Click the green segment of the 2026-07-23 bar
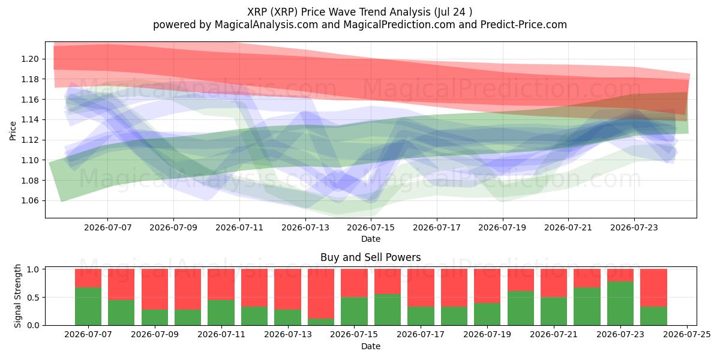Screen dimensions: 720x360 (620, 303)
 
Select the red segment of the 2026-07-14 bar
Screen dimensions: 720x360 (321, 293)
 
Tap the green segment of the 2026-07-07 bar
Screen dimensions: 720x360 (88, 306)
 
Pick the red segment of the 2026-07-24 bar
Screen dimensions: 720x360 (653, 287)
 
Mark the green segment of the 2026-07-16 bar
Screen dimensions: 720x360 (388, 310)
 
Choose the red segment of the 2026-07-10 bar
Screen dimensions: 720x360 (188, 289)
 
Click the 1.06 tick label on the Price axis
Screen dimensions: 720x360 (30, 201)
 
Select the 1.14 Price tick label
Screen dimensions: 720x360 (30, 120)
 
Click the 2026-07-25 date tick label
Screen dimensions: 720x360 (687, 335)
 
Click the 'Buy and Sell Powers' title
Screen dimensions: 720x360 (371, 257)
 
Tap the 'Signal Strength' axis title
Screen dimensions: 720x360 (17, 296)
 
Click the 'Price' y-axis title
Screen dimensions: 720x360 (13, 131)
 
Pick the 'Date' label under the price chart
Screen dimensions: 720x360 (371, 239)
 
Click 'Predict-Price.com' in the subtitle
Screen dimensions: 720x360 (524, 25)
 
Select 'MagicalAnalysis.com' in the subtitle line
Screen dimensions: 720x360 (266, 25)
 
